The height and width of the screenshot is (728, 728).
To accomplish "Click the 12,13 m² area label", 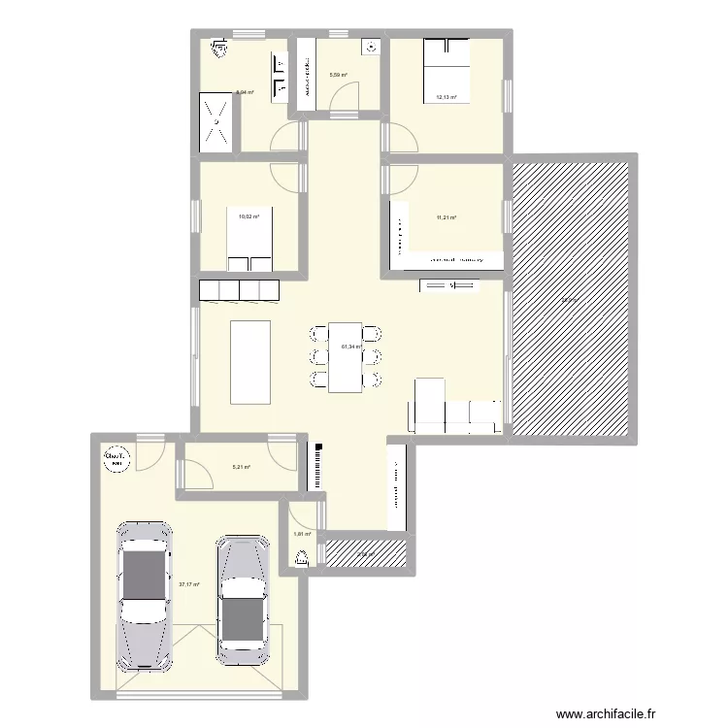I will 447,97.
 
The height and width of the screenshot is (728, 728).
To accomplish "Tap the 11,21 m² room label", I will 447,217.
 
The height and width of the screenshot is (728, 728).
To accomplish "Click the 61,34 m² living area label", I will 350,347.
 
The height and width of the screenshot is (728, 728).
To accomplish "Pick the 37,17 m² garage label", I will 188,584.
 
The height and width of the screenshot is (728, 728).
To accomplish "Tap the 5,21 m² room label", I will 241,468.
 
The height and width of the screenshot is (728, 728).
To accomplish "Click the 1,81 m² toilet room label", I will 302,535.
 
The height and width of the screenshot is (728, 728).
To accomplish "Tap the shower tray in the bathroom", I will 216,122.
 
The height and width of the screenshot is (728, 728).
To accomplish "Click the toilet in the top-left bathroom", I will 219,45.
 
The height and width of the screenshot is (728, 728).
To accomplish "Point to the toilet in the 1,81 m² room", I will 301,557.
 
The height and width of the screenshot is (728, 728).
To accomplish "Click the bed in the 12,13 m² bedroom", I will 446,70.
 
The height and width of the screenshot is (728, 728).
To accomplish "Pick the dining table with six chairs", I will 345,356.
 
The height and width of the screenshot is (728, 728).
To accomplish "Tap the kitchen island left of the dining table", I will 249,360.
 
